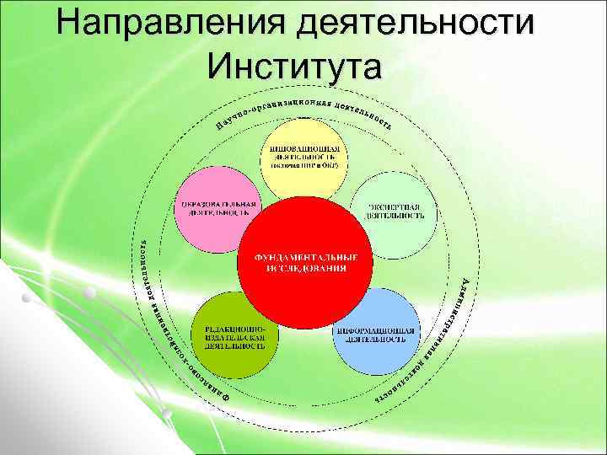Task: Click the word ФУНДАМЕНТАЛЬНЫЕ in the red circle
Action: (x=302, y=256)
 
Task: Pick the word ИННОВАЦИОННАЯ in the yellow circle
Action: (x=303, y=147)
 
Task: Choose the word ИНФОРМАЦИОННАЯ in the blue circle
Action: (x=374, y=330)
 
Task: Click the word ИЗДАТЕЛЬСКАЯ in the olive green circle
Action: (x=229, y=335)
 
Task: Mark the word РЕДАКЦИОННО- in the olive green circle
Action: (x=229, y=326)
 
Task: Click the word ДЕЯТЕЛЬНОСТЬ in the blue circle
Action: (x=374, y=340)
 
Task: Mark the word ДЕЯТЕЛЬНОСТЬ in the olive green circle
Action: (x=229, y=345)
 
